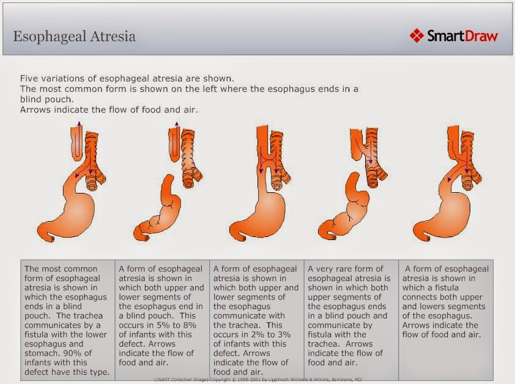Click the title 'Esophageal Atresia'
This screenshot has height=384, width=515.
pyautogui.click(x=74, y=37)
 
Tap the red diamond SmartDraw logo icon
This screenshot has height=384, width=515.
pyautogui.click(x=417, y=36)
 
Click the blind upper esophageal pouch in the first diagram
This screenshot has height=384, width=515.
pyautogui.click(x=78, y=144)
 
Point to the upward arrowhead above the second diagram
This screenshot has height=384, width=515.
pyautogui.click(x=177, y=124)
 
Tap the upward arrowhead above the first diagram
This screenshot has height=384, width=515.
pyautogui.click(x=78, y=123)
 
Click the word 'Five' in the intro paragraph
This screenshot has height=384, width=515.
pyautogui.click(x=28, y=78)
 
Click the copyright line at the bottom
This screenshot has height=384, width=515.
pyautogui.click(x=257, y=379)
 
